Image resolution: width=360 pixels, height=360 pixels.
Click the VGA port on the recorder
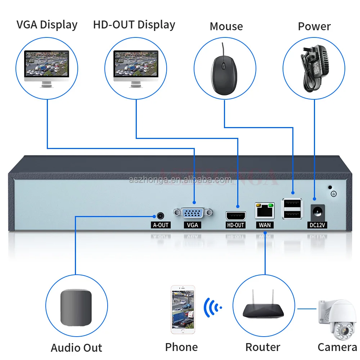[x=193, y=213]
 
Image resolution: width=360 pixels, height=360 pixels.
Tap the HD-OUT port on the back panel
[x=236, y=216]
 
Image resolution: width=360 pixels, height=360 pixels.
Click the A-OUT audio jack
[x=160, y=216]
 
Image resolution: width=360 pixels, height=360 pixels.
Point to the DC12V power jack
[x=318, y=211]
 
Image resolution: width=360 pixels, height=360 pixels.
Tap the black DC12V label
[x=318, y=225]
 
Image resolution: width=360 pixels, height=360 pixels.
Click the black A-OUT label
[x=160, y=225]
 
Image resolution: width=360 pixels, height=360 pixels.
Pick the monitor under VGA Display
[x=46, y=68]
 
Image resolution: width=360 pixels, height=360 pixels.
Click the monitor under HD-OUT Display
[x=136, y=68]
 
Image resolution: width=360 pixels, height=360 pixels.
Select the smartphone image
[x=183, y=310]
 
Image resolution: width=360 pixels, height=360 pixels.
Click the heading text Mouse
[x=226, y=26]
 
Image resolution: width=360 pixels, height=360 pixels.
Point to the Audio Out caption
[x=76, y=348]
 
